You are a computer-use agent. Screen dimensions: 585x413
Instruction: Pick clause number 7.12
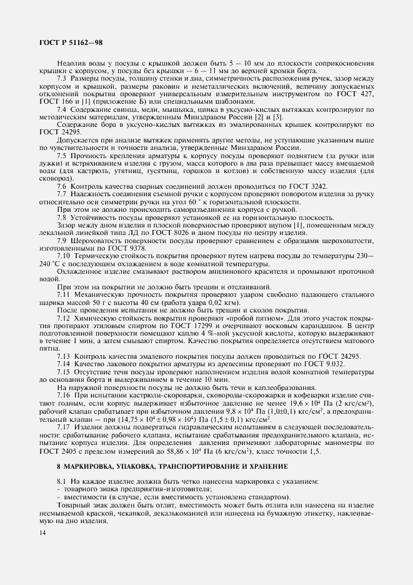[64, 318]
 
